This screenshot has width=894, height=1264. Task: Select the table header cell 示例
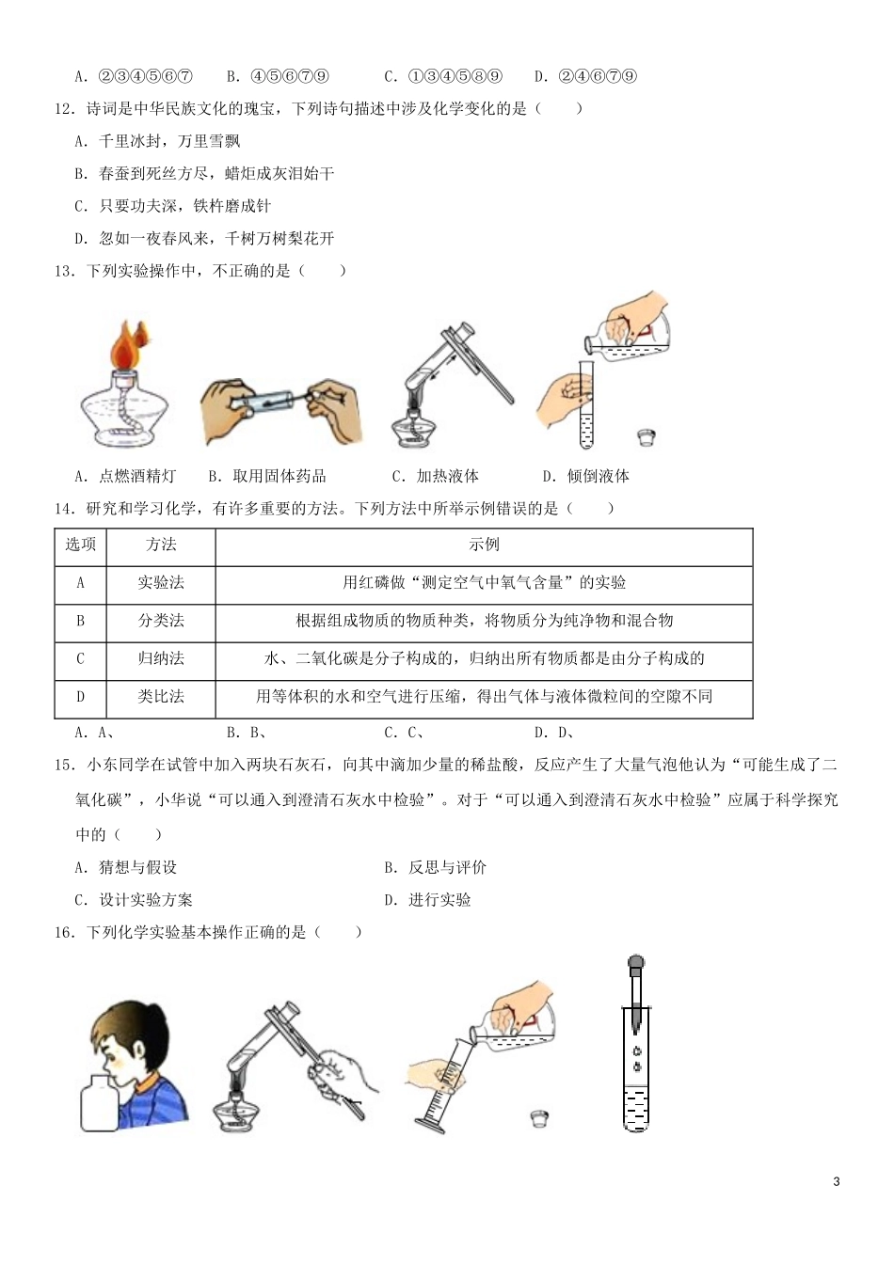[484, 545]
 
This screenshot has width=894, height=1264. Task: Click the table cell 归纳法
[161, 658]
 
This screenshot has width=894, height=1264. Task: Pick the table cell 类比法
[161, 697]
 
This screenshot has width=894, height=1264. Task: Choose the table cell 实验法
[161, 583]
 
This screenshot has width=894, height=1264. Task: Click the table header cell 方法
[161, 545]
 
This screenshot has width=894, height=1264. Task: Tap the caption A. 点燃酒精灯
[125, 476]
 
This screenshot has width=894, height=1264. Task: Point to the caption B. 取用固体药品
[266, 476]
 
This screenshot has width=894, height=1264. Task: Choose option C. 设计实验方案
[134, 900]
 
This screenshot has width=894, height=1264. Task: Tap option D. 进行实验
[427, 900]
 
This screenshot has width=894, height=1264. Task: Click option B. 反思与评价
[435, 867]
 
